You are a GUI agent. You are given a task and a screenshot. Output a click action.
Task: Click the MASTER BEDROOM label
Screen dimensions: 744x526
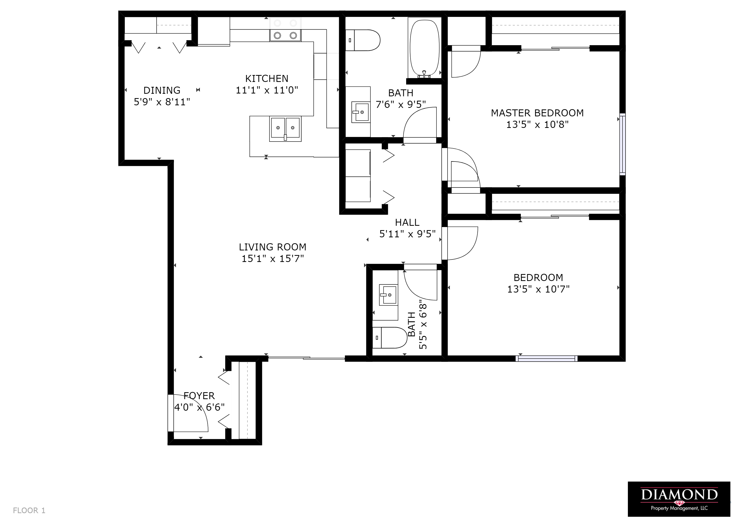tap(537, 113)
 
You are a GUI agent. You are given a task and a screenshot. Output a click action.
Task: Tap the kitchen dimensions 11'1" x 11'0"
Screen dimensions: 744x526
tap(267, 90)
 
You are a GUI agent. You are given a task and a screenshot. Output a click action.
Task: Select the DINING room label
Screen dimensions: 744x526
tap(162, 90)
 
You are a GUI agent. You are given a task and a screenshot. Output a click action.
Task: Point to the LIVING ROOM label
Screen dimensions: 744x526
tap(273, 247)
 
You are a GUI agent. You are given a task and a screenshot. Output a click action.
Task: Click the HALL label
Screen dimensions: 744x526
tap(407, 222)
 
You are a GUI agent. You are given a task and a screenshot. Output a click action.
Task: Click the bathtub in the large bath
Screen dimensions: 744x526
tap(424, 48)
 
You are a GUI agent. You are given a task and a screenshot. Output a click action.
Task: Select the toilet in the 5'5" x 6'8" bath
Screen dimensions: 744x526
tap(389, 337)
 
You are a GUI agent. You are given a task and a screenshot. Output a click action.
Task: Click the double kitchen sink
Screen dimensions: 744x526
tap(285, 129)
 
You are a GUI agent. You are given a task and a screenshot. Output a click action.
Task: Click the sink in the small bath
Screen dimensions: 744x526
tap(388, 295)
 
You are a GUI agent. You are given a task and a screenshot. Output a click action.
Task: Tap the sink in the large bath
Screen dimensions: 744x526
tap(361, 112)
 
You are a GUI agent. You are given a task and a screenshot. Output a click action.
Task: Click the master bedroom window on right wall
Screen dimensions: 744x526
tap(622, 144)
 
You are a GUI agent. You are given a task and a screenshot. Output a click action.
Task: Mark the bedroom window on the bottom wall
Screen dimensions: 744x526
tap(546, 359)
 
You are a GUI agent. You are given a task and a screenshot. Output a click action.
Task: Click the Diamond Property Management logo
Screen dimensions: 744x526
tap(679, 499)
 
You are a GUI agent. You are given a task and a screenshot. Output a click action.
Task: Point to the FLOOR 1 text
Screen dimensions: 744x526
tap(29, 511)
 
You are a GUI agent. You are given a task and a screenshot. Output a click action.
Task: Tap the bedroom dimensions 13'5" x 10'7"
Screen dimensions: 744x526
tap(538, 289)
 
